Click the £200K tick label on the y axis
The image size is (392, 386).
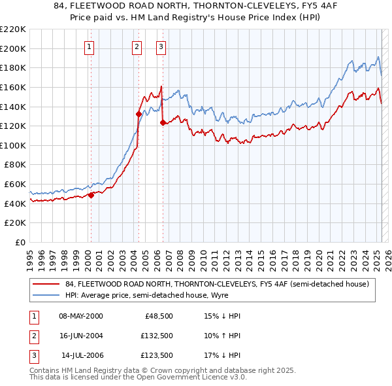click(13, 48)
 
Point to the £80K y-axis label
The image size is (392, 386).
click(15, 165)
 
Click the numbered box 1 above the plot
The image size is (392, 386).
click(88, 46)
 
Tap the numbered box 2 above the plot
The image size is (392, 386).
click(137, 46)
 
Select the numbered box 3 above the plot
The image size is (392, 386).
click(161, 46)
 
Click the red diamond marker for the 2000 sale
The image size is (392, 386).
click(91, 195)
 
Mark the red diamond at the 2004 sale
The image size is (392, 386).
click(139, 114)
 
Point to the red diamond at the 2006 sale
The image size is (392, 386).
click(163, 122)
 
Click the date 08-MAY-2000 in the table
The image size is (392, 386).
click(81, 316)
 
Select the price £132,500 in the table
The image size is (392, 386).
click(155, 336)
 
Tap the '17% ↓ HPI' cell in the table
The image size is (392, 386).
click(222, 355)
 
